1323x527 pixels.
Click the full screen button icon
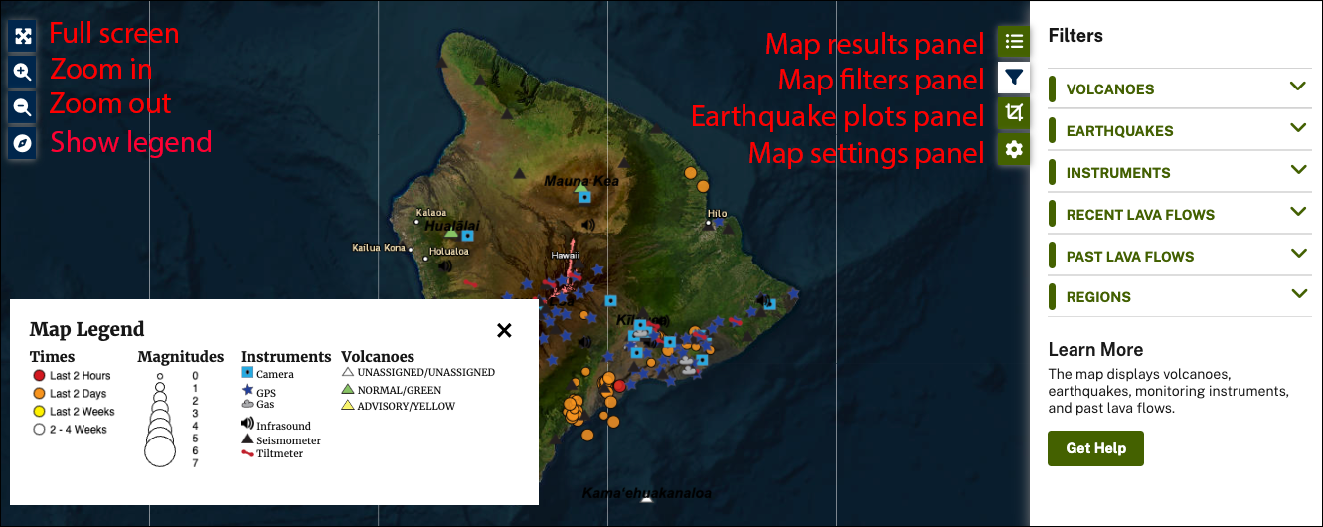tap(23, 35)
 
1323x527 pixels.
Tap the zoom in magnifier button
tap(23, 72)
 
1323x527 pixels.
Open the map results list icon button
tap(1013, 42)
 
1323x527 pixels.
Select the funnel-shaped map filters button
tap(1013, 78)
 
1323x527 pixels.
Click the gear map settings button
tap(1013, 149)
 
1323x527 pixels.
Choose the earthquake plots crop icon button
tap(1013, 113)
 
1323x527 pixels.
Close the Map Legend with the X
tap(504, 330)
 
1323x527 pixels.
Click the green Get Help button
tap(1095, 448)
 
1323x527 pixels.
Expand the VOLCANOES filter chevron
tap(1297, 87)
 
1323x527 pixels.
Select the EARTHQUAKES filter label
tap(1119, 131)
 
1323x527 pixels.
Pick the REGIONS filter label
tap(1098, 297)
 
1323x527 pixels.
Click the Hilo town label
tap(717, 214)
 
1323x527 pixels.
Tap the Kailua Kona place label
tap(379, 247)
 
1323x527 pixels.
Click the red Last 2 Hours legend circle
tap(39, 376)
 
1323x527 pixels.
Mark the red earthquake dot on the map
tap(619, 385)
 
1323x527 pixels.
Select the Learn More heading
tap(1095, 350)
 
